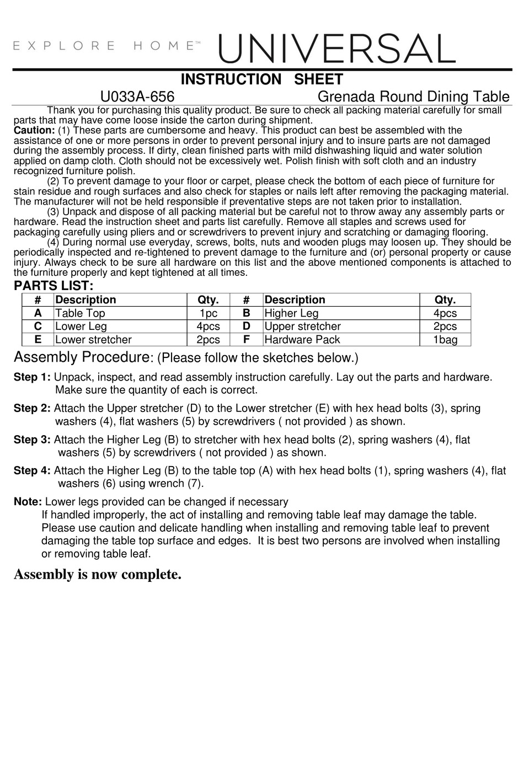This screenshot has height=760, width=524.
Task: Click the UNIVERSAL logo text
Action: click(336, 48)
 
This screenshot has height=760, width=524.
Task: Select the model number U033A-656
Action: click(137, 97)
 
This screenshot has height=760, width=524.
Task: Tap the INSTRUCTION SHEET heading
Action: click(261, 79)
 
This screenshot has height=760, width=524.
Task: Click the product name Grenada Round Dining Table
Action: click(414, 97)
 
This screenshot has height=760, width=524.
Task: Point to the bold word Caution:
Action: click(34, 131)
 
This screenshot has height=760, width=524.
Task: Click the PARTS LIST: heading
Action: click(54, 286)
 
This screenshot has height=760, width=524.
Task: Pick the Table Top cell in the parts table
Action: click(80, 313)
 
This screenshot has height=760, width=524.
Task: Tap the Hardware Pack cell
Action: click(302, 340)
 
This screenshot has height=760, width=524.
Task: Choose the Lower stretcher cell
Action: click(93, 340)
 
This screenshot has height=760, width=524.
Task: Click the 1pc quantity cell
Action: click(208, 313)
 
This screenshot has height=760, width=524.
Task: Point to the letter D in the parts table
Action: click(247, 327)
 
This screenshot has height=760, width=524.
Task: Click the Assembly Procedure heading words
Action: click(81, 357)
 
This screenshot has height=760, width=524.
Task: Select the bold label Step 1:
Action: click(32, 377)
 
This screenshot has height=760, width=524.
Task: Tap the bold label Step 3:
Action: click(32, 440)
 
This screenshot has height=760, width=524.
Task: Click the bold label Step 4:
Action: click(32, 470)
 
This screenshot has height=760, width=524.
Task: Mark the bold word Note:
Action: click(28, 502)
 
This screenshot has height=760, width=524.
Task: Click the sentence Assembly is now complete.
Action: click(98, 575)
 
